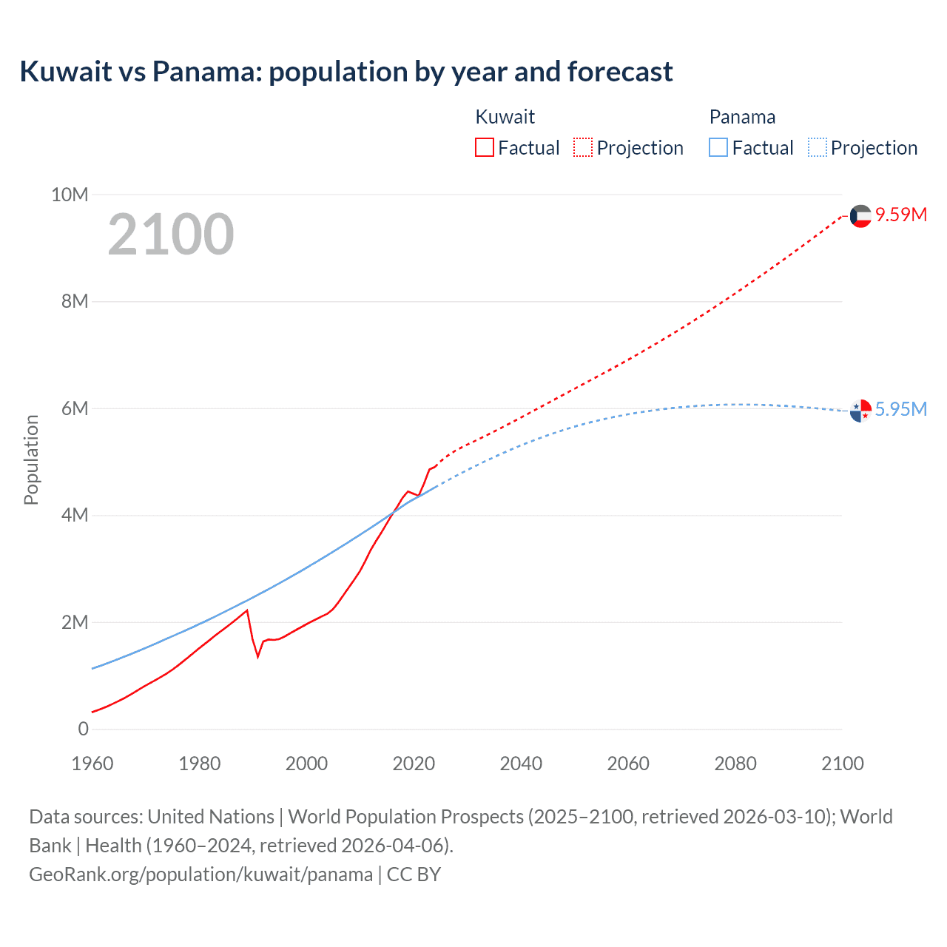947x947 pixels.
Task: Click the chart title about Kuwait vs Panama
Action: pos(346,72)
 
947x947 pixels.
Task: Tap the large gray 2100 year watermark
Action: pos(171,235)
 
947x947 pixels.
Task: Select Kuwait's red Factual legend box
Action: pos(484,147)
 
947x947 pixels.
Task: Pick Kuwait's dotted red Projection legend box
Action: pos(583,147)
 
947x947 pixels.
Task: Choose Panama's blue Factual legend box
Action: pos(718,147)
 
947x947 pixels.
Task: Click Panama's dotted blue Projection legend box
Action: pos(818,147)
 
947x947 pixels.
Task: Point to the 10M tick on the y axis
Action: pos(70,195)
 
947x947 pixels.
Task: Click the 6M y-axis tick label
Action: pos(74,408)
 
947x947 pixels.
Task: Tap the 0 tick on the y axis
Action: pos(83,729)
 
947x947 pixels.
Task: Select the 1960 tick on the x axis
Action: pos(92,764)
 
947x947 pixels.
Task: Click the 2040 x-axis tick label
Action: pos(521,764)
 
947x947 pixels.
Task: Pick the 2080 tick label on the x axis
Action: pos(735,764)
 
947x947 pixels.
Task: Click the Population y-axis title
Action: pos(31,459)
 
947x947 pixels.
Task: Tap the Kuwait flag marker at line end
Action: pos(860,216)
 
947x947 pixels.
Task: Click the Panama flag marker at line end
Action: pos(860,410)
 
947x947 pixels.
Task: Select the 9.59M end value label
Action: pos(901,215)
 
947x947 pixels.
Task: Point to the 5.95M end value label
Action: pos(901,409)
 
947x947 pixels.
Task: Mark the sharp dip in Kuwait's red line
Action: pos(258,656)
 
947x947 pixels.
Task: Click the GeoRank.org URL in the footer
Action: pos(201,874)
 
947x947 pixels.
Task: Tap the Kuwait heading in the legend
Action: pos(505,117)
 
